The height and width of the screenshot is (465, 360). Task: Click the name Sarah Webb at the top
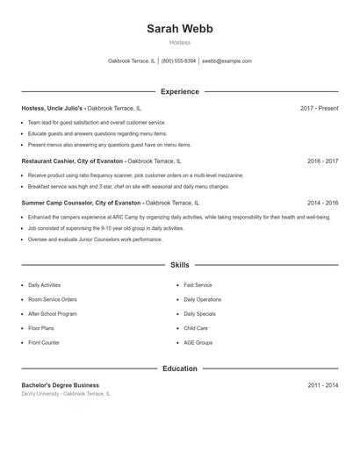pos(179,28)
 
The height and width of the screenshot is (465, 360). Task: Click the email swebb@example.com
pos(227,61)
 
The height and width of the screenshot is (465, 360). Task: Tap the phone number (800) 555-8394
pos(179,61)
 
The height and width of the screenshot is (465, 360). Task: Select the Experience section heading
pos(179,91)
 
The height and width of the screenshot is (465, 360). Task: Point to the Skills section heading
pos(179,264)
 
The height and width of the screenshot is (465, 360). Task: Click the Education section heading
pos(179,368)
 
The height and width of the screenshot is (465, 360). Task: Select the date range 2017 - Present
pos(319,108)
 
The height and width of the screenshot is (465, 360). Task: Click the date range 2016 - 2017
pos(322,161)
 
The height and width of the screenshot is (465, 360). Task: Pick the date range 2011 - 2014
pos(322,385)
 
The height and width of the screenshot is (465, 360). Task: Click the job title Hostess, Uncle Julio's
pos(53,108)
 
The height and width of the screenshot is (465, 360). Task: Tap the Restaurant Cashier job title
pos(73,161)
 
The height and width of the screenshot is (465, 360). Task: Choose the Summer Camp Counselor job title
pos(81,203)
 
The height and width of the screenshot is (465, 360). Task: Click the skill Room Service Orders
pos(52,299)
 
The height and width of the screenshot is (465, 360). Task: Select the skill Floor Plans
pos(42,328)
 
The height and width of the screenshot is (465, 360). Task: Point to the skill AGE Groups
pos(198,342)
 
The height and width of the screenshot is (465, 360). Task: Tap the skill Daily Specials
pos(199,313)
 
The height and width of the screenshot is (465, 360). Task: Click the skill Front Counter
pos(44,342)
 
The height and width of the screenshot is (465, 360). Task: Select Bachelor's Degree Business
pos(60,385)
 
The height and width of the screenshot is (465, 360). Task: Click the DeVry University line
pos(66,394)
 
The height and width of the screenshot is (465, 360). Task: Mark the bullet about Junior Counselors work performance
pos(95,239)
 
